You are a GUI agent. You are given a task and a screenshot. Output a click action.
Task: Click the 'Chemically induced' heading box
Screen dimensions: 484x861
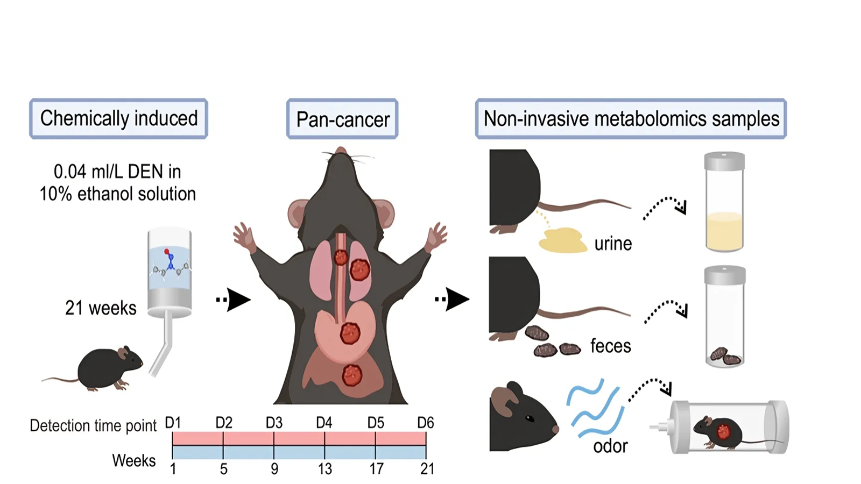click(x=118, y=118)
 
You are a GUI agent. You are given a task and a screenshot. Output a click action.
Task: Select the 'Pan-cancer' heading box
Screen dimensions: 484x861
click(x=342, y=119)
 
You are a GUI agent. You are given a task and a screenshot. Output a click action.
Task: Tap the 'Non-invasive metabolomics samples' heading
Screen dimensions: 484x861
click(x=631, y=119)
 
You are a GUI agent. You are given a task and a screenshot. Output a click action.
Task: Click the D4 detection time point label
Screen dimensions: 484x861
click(x=324, y=423)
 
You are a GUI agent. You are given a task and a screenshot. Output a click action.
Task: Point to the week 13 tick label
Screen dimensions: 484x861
click(x=324, y=469)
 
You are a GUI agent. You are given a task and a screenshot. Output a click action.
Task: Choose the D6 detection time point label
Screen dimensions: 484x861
click(x=426, y=423)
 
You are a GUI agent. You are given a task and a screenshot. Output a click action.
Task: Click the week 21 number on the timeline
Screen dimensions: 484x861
click(x=427, y=469)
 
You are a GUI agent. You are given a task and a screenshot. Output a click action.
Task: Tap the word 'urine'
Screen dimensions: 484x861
click(x=613, y=244)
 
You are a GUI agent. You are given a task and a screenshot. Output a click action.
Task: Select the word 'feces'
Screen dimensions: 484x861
click(x=610, y=346)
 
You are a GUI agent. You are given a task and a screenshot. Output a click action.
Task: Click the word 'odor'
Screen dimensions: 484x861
click(x=610, y=446)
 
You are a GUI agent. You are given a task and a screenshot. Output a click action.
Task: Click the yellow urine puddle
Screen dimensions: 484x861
click(x=563, y=240)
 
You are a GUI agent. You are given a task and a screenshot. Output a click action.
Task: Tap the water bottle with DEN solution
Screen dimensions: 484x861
click(x=170, y=272)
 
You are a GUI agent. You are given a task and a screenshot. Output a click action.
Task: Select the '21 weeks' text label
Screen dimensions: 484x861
click(x=101, y=308)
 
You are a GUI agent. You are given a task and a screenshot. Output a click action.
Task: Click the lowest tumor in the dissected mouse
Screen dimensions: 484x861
click(x=352, y=375)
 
